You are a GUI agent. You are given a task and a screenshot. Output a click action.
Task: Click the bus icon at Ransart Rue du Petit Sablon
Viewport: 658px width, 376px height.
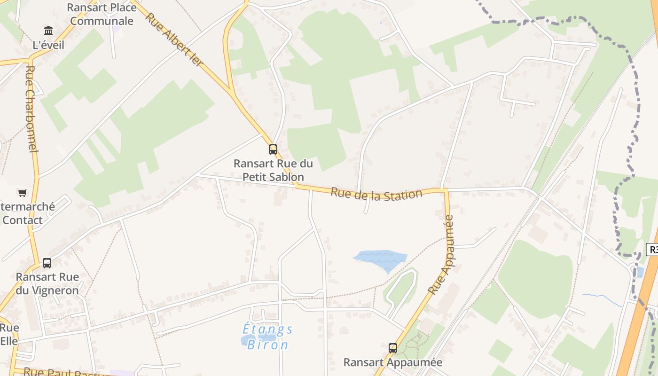[x=273, y=149]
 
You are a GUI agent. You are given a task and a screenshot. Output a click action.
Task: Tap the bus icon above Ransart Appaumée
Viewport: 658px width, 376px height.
[x=393, y=348]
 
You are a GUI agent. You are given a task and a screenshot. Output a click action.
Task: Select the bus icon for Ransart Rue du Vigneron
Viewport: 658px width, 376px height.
[x=47, y=263]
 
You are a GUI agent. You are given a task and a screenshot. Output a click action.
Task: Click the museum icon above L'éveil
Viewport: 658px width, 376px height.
[x=48, y=31]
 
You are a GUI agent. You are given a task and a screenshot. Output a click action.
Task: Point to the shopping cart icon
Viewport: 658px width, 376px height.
[x=22, y=193]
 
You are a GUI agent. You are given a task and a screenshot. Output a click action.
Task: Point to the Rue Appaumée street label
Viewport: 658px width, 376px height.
[x=441, y=254]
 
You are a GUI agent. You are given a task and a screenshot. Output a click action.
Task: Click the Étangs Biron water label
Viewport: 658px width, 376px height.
[x=267, y=337]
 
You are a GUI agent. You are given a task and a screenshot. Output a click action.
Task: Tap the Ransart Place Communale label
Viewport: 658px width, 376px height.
[x=102, y=14]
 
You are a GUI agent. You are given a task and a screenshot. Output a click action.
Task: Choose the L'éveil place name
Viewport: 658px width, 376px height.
[x=48, y=45]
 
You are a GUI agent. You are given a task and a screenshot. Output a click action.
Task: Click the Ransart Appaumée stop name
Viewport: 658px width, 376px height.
[x=393, y=362]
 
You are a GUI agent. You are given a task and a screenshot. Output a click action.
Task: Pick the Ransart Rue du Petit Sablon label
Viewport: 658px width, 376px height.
[x=273, y=170]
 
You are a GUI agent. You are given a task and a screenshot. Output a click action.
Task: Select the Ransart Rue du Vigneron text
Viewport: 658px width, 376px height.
[x=47, y=283]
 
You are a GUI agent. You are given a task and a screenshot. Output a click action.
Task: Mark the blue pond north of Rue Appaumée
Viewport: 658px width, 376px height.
[x=381, y=259]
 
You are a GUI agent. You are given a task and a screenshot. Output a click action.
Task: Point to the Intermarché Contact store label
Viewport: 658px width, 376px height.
[x=28, y=213]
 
